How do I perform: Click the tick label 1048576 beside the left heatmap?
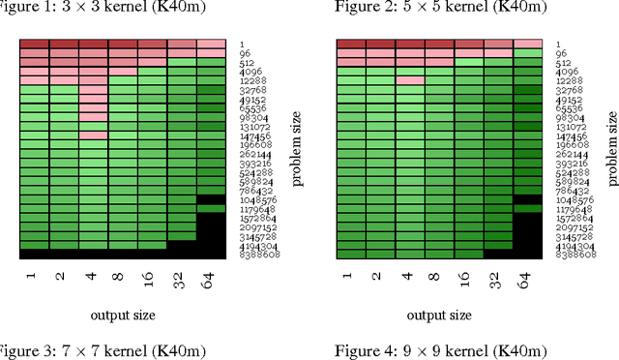click(255, 199)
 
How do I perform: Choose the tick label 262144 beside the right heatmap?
click(572, 154)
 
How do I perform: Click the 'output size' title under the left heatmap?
click(123, 315)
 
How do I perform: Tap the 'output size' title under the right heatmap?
click(439, 315)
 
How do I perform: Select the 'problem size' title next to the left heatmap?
click(299, 149)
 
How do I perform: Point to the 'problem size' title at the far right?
click(611, 149)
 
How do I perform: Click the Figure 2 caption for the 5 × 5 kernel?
click(440, 7)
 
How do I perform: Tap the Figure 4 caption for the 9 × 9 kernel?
click(440, 350)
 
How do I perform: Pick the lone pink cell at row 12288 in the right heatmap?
click(410, 80)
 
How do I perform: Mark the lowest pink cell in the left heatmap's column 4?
click(94, 135)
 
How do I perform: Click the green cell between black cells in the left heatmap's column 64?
click(211, 208)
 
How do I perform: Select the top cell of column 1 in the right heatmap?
click(350, 44)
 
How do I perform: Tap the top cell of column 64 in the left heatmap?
click(211, 44)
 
